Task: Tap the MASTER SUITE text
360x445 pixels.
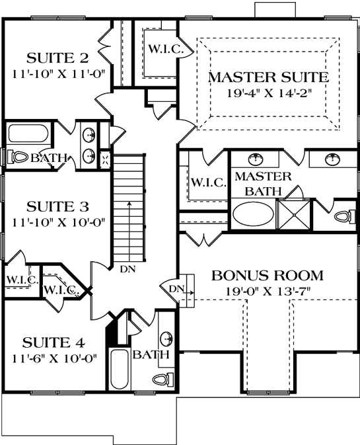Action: (268, 77)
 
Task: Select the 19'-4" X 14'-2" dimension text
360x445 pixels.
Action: (268, 93)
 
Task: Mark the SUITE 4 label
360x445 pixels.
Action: (54, 343)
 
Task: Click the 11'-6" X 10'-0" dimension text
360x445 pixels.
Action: (54, 358)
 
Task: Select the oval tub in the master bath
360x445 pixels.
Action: (253, 214)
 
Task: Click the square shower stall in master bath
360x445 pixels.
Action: (293, 214)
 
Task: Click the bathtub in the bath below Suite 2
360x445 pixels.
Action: (30, 134)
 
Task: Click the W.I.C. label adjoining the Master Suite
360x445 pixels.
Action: (161, 48)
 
